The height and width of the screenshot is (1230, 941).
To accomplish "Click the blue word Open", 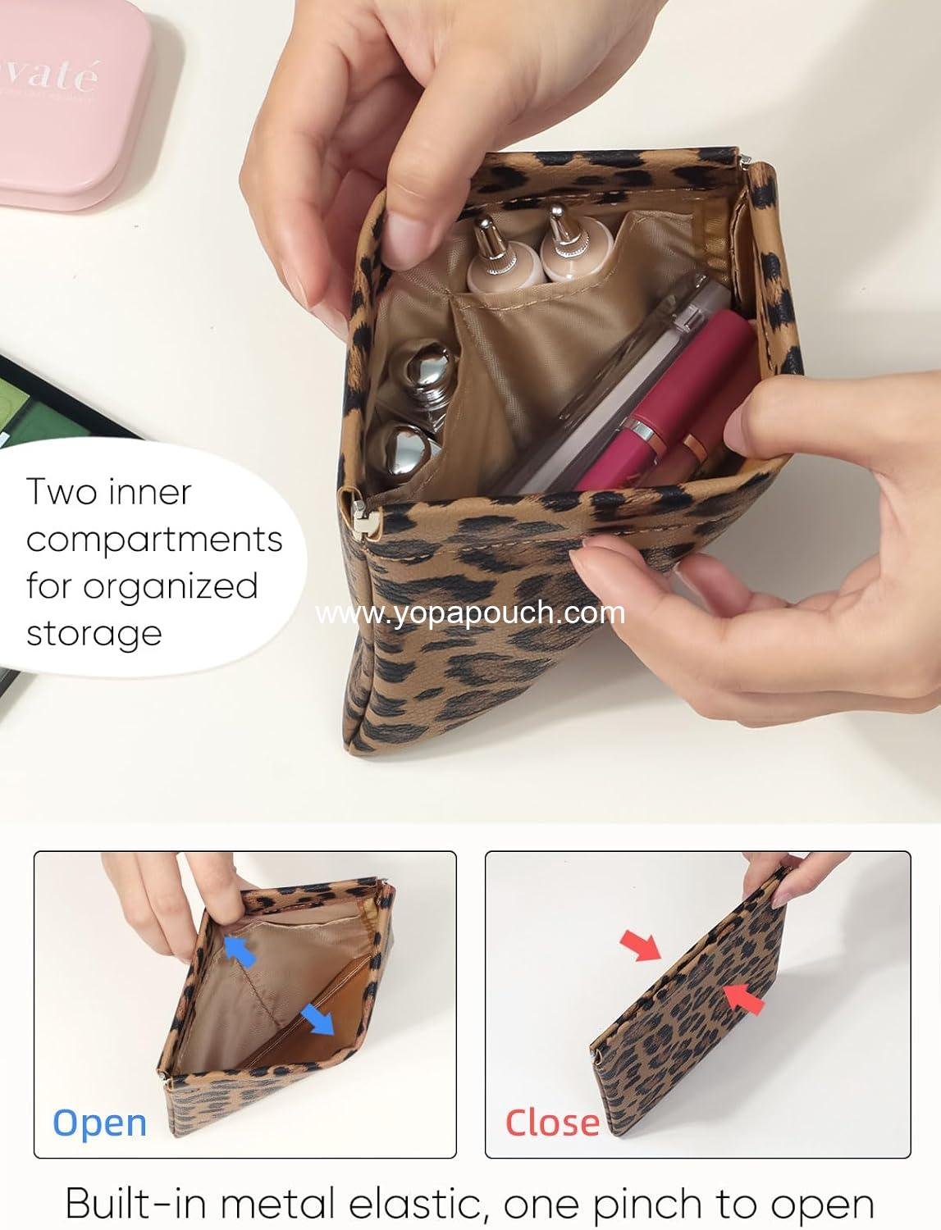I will pos(99,1123).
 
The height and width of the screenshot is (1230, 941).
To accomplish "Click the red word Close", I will pos(552,1123).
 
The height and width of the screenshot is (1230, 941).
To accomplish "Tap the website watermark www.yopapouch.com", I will pos(470,613).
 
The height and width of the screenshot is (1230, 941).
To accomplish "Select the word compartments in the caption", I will pos(154,540).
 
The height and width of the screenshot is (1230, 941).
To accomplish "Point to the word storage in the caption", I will pos(94,634).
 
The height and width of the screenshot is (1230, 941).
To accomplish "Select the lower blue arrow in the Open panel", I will pos(317,1022).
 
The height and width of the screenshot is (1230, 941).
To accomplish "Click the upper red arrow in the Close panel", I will pos(641,945).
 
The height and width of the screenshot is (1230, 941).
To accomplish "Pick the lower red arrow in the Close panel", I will pos(745,998).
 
